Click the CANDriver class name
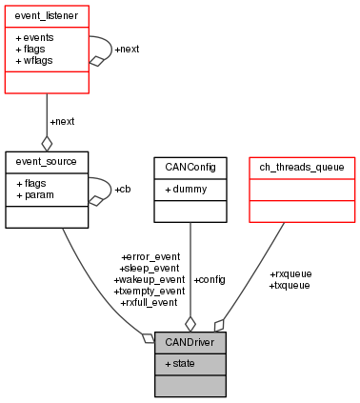click(x=190, y=342)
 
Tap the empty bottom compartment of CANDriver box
click(x=190, y=385)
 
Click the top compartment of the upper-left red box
click(x=47, y=16)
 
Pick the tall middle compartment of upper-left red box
click(x=47, y=49)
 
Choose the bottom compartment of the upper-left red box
click(x=47, y=82)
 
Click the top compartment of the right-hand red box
click(x=302, y=168)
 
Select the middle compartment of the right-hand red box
click(x=302, y=190)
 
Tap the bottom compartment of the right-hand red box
click(x=302, y=211)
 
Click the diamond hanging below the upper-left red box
click(x=47, y=143)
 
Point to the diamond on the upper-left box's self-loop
click(x=95, y=61)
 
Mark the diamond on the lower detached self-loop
click(x=95, y=200)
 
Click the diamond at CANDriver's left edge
click(x=148, y=337)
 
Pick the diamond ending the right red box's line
click(x=220, y=325)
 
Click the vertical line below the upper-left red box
click(x=47, y=114)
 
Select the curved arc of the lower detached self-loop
click(x=111, y=188)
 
